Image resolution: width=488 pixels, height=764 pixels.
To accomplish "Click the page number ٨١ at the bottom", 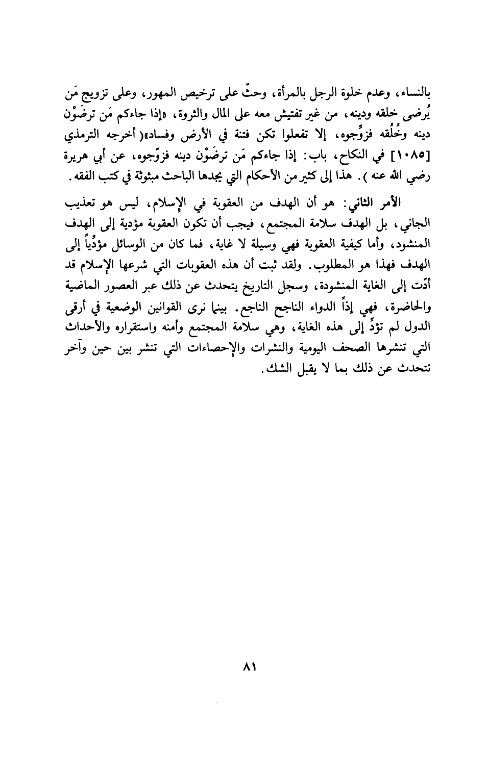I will pos(249,667).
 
